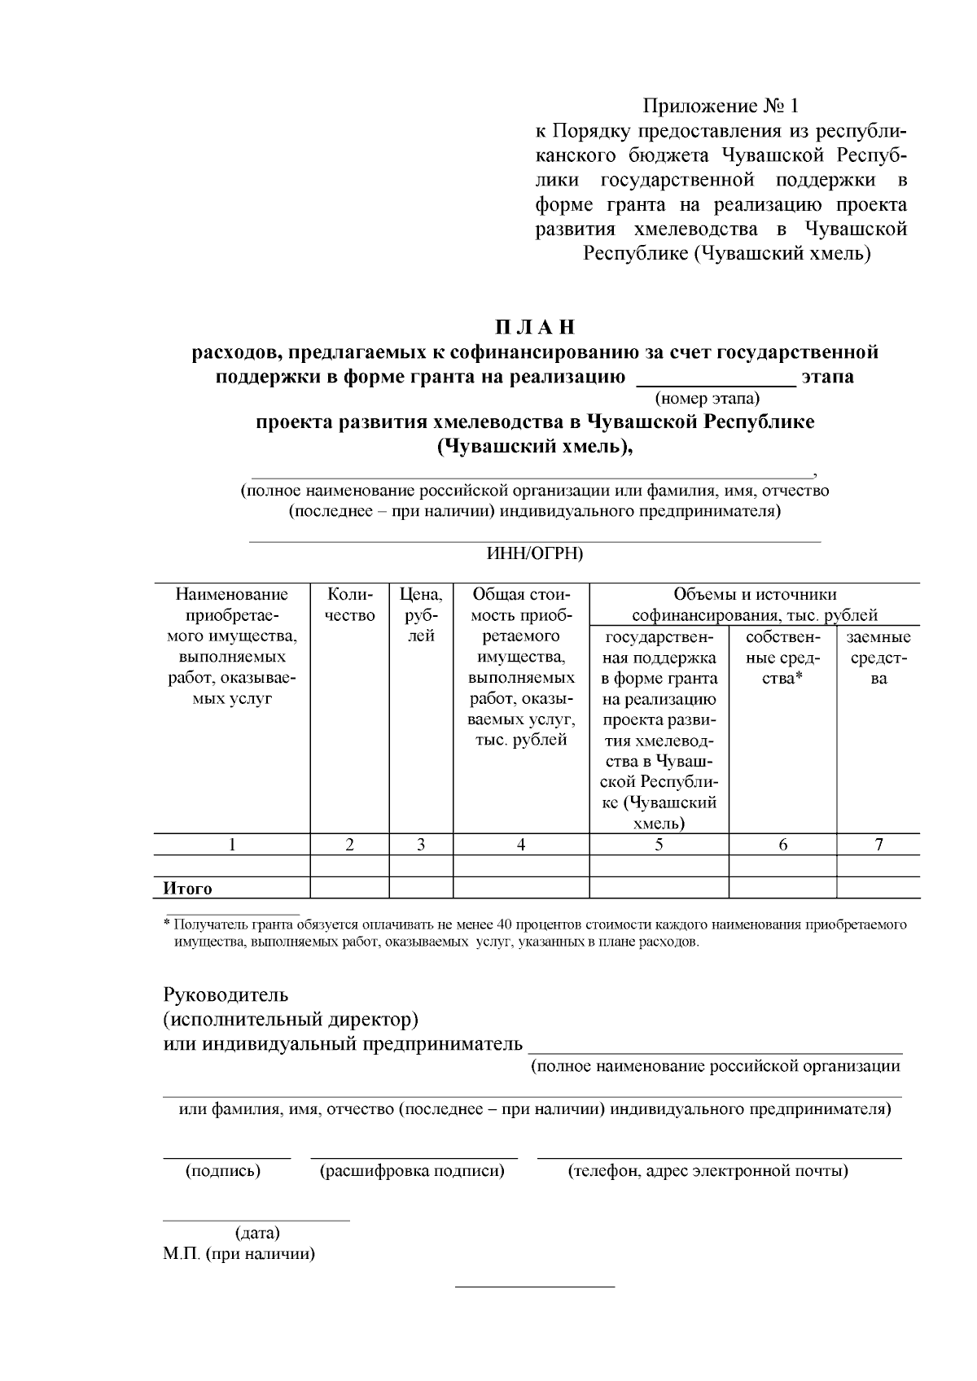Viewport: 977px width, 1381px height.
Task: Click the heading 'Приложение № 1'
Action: pyautogui.click(x=721, y=107)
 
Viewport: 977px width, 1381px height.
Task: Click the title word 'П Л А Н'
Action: pyautogui.click(x=535, y=327)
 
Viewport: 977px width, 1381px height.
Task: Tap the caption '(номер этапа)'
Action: pyautogui.click(x=707, y=398)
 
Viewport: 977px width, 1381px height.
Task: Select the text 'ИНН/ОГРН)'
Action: pyautogui.click(x=535, y=553)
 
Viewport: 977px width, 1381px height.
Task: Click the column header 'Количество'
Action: pyautogui.click(x=350, y=605)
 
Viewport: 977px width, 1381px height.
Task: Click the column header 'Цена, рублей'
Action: pyautogui.click(x=421, y=615)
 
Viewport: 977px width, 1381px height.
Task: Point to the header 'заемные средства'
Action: pyautogui.click(x=878, y=658)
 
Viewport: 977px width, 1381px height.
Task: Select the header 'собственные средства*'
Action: pyautogui.click(x=782, y=658)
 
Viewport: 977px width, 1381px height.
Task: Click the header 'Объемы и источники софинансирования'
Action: pyautogui.click(x=754, y=605)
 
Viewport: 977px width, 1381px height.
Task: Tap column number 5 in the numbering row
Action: pyautogui.click(x=659, y=845)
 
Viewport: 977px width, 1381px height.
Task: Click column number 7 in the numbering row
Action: pyautogui.click(x=878, y=845)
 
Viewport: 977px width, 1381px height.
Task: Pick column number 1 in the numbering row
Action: pyautogui.click(x=232, y=845)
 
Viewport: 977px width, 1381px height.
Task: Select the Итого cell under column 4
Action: pyautogui.click(x=521, y=888)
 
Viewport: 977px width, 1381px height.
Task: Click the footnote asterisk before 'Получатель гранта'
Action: pyautogui.click(x=167, y=924)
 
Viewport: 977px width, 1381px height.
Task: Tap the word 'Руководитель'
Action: pyautogui.click(x=226, y=994)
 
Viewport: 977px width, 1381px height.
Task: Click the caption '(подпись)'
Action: pyautogui.click(x=223, y=1171)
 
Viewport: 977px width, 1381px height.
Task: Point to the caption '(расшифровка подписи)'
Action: pyautogui.click(x=412, y=1171)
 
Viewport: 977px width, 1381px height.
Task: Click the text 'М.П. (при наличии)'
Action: pyautogui.click(x=239, y=1254)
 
